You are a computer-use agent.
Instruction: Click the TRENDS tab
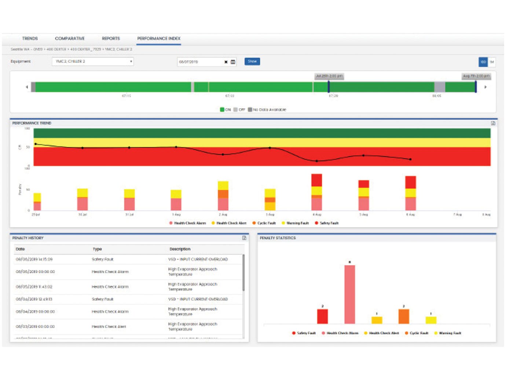click(30, 38)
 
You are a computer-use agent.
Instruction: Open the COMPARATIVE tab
click(70, 38)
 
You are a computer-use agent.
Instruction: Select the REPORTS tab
click(111, 38)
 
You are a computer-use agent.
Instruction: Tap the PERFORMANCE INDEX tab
click(159, 38)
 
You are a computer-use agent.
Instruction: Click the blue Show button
click(252, 62)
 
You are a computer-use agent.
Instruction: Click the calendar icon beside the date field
click(233, 62)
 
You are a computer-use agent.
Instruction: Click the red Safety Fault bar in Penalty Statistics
click(322, 316)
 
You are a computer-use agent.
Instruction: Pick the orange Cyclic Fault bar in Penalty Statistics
click(404, 316)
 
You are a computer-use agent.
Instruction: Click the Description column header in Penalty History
click(180, 249)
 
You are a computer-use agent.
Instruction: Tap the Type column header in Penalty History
click(97, 249)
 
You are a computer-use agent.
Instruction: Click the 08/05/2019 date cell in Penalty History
click(34, 287)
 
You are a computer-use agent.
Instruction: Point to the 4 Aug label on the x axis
click(317, 214)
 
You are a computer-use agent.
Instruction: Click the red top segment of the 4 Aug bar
click(317, 180)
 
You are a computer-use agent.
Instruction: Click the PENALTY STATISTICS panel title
click(278, 238)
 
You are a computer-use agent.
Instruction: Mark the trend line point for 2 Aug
click(223, 155)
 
